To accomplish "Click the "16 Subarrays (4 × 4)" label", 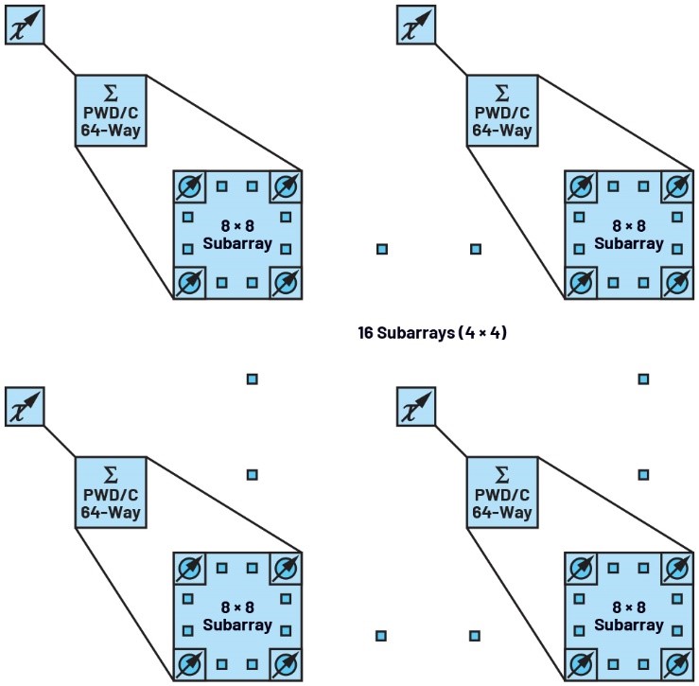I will coord(432,333).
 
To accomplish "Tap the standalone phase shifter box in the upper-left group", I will coord(25,25).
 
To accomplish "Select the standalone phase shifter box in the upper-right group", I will coord(415,25).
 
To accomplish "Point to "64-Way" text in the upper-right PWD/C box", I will coord(501,129).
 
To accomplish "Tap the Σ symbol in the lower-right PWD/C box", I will coord(501,474).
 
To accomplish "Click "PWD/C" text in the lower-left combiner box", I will coord(111,494).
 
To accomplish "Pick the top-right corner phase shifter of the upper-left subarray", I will coord(285,186).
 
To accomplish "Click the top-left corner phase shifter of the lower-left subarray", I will coord(190,568).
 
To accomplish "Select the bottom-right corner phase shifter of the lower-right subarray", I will coord(676,663).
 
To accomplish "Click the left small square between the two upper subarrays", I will coord(382,249).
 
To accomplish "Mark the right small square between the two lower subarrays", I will coord(475,635).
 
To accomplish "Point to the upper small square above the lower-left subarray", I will coord(253,379).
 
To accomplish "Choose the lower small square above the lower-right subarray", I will coord(643,474).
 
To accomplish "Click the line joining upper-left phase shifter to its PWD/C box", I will coord(59,59).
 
